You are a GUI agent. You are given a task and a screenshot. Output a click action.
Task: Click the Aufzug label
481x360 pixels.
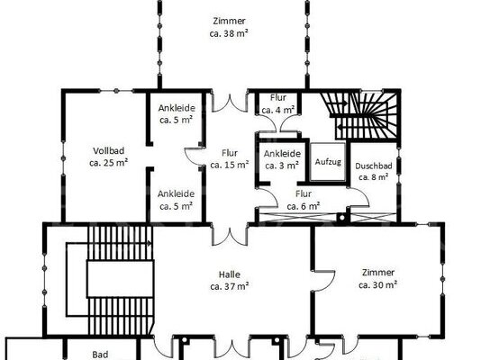[328, 161]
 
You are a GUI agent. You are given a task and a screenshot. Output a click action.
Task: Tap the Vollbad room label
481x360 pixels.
[109, 150]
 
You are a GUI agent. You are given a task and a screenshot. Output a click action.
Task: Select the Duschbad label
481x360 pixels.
[373, 166]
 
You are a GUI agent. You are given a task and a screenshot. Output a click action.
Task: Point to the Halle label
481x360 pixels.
[230, 274]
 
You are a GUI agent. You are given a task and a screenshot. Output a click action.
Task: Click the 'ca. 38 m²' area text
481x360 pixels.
[229, 33]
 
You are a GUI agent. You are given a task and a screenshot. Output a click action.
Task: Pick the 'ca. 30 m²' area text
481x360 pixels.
[378, 285]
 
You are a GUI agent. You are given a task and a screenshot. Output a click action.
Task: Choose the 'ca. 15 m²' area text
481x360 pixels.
[230, 165]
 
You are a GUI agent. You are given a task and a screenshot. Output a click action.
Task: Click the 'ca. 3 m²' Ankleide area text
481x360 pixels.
[282, 166]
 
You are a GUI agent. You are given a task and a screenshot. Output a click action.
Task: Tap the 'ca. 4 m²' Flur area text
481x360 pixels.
[278, 110]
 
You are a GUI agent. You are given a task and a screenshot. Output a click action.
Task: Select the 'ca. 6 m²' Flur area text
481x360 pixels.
[304, 206]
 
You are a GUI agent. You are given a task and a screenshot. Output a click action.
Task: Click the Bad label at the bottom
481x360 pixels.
[100, 355]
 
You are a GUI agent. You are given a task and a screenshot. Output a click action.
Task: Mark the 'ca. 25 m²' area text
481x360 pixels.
[109, 163]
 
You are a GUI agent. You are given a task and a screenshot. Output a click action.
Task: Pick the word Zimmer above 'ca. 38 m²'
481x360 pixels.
[229, 21]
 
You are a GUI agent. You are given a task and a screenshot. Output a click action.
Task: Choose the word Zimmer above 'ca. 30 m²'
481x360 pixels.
[378, 273]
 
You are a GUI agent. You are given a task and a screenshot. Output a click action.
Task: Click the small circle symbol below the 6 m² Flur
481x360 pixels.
[341, 218]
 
